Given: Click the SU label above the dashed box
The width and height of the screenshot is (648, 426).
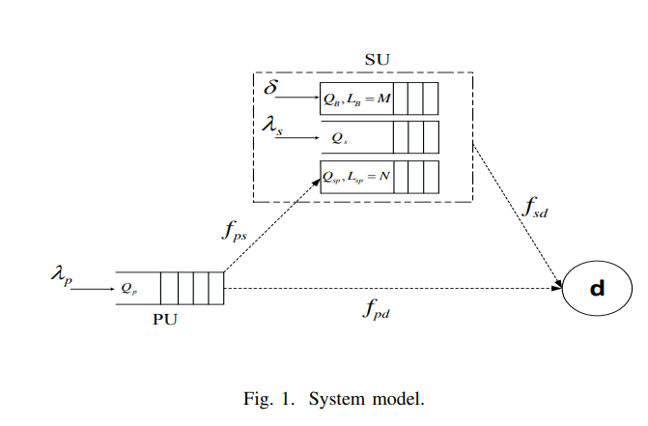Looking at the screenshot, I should tap(377, 58).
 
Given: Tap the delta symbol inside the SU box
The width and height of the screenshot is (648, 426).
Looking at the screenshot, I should tap(271, 88).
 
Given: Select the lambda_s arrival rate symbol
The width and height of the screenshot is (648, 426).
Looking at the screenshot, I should tap(271, 127).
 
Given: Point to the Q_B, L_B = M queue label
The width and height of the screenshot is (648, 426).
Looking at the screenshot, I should tap(357, 99).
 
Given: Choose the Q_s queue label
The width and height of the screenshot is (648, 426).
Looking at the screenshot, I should tap(339, 138).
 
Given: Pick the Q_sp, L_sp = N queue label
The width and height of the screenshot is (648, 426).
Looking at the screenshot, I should tap(357, 178).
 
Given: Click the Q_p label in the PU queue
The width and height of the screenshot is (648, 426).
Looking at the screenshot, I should tap(128, 287).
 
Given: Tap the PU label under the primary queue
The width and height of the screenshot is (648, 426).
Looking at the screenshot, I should tap(166, 320).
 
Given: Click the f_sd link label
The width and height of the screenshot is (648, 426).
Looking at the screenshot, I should tap(535, 206).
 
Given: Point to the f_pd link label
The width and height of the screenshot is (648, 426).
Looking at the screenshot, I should tap(379, 311).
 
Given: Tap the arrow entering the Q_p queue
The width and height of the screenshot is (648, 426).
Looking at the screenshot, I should tap(94, 288).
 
